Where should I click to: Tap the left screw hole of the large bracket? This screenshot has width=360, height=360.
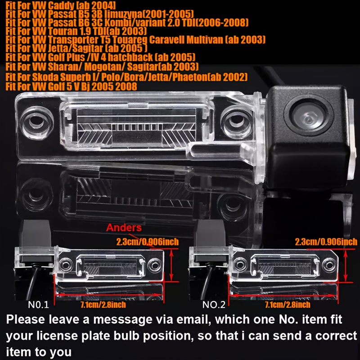coord(36,121)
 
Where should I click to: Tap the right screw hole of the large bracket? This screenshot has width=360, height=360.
coord(237,121)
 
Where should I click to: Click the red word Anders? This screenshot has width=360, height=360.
coord(124,228)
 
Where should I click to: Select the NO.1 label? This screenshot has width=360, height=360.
coord(38,305)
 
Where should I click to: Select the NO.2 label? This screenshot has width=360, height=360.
coord(214,305)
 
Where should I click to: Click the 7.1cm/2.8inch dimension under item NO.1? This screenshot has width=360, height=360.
coord(103,305)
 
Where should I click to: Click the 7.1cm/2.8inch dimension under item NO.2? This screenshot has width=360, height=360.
coord(288,305)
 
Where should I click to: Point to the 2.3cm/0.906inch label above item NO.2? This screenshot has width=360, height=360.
coord(326,242)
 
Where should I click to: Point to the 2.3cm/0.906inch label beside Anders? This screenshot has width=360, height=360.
coord(148,242)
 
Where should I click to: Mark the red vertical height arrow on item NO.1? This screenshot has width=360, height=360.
coord(171,265)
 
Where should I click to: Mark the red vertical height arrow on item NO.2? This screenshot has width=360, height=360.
coord(346,265)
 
